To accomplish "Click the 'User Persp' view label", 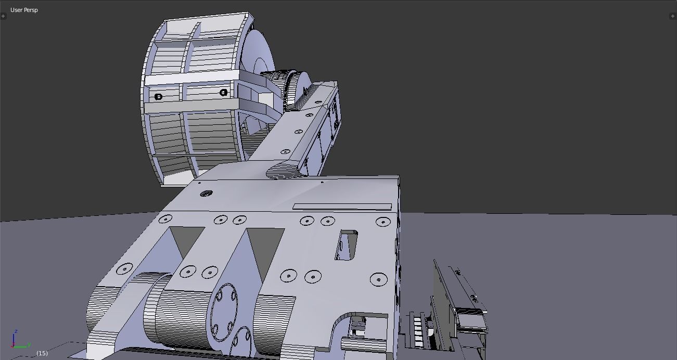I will pyautogui.click(x=24, y=10).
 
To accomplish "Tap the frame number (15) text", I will pyautogui.click(x=42, y=353).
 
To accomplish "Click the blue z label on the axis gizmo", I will pyautogui.click(x=17, y=331).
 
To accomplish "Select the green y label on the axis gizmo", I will pyautogui.click(x=29, y=344).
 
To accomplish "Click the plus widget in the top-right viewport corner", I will pyautogui.click(x=672, y=16).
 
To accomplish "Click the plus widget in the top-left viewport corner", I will pyautogui.click(x=3, y=16).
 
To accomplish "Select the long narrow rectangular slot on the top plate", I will pyautogui.click(x=342, y=207).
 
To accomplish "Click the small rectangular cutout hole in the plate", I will pyautogui.click(x=346, y=245).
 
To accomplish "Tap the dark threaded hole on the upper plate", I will pyautogui.click(x=206, y=194).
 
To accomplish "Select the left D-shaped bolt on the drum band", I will pyautogui.click(x=159, y=97).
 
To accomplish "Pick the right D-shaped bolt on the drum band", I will pyautogui.click(x=224, y=93).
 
